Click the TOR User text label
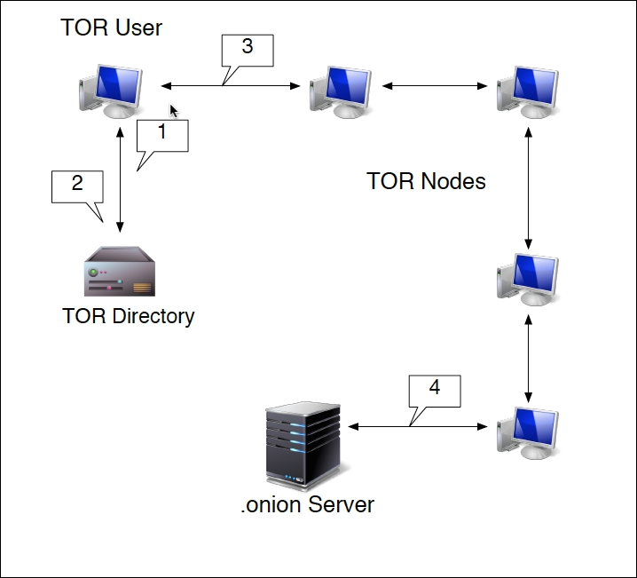(111, 28)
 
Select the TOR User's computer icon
(111, 90)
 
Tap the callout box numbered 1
(161, 136)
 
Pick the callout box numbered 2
(77, 186)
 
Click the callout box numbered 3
(247, 50)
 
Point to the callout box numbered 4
(434, 390)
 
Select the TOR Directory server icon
(121, 272)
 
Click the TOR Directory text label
(129, 316)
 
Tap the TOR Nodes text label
(427, 181)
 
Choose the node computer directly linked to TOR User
(341, 89)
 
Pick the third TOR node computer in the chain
(528, 280)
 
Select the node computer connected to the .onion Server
(528, 432)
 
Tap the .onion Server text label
(308, 505)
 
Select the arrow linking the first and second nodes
(435, 86)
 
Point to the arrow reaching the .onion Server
(417, 427)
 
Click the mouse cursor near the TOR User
(174, 111)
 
